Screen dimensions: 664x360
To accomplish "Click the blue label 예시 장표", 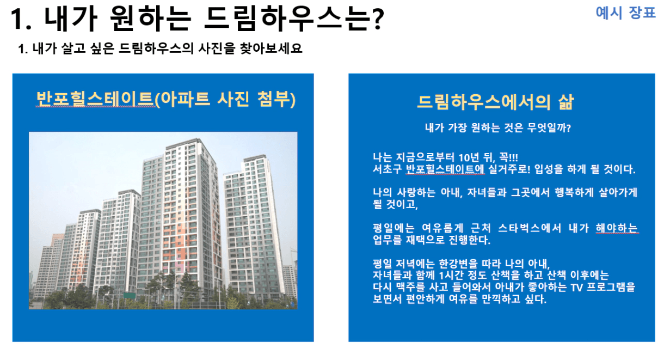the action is pos(625,13).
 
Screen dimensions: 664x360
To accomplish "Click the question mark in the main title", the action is pos(378,19).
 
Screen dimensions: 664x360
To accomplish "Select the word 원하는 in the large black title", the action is pos(150,19).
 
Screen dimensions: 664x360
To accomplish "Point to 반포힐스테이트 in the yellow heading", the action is pos(95,99).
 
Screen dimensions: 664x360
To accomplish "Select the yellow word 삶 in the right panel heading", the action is pos(566,102).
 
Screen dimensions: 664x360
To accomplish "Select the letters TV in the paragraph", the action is pos(577,288).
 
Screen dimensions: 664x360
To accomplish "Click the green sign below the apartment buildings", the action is pos(129,296).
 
